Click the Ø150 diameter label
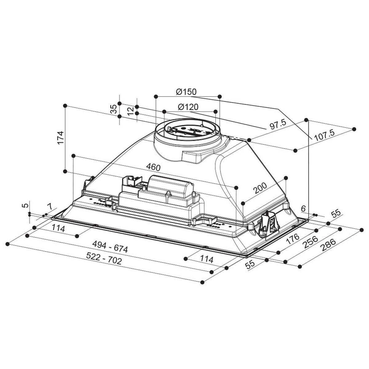pos(186,92)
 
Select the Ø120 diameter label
pos(188,107)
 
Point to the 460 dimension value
pos(153,167)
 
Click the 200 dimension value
pos(260,188)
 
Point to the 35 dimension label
pos(113,109)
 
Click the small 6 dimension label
pos(303,208)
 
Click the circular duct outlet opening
pos(188,131)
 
